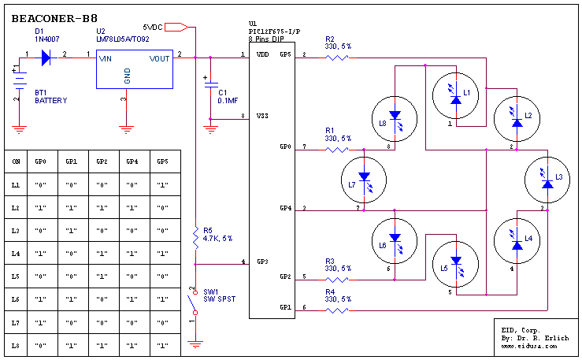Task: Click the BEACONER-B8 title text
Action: point(54,19)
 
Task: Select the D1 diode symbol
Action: point(46,58)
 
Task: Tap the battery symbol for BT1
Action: point(20,80)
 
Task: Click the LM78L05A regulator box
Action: point(135,69)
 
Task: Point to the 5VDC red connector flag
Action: point(176,27)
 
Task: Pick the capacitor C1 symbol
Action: point(210,85)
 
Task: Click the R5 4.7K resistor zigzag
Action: point(195,238)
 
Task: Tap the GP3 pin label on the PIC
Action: point(262,262)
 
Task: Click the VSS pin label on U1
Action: point(262,116)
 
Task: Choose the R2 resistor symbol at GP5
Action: point(336,58)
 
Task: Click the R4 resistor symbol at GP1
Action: point(336,310)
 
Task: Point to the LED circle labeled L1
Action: point(455,95)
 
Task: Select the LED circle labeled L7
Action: point(364,180)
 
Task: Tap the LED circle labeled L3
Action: point(547,180)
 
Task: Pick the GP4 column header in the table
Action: point(132,161)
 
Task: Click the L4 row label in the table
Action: point(15,254)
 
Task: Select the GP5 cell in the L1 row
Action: point(162,185)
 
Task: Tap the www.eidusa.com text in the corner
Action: point(529,346)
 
